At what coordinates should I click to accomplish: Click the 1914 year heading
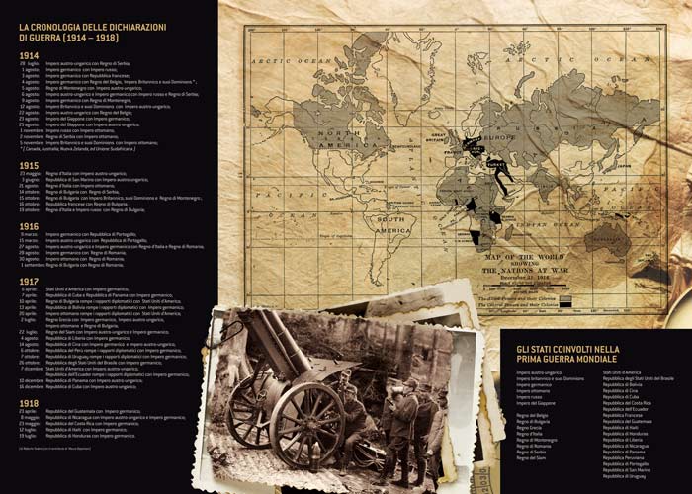pos(30,55)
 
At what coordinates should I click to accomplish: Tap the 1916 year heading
pos(30,226)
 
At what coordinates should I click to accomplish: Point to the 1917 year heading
pos(30,281)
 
